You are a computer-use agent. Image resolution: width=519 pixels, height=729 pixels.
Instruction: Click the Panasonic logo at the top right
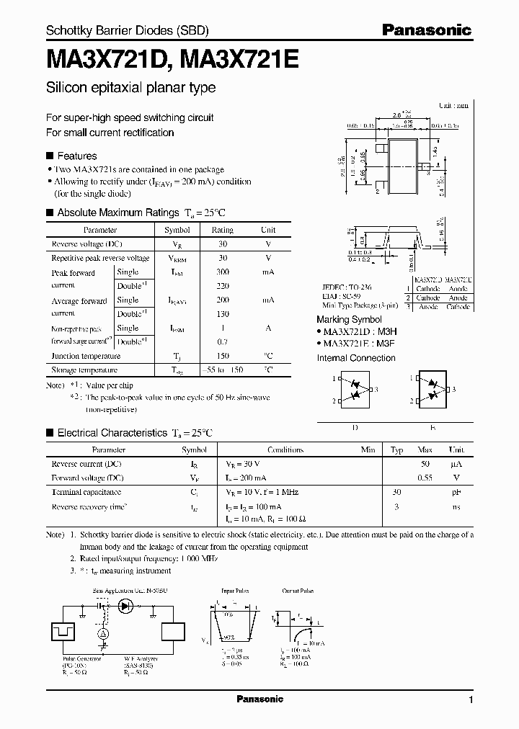click(x=426, y=30)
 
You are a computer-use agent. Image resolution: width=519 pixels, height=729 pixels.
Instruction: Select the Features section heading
click(x=76, y=156)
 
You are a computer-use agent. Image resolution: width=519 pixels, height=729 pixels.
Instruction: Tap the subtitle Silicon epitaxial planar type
click(x=130, y=88)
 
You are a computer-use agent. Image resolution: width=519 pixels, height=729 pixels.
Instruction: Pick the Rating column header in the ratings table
click(x=222, y=230)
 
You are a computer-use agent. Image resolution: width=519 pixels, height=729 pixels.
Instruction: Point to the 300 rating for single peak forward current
click(x=222, y=272)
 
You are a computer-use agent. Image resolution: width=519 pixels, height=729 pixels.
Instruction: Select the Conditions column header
click(x=285, y=450)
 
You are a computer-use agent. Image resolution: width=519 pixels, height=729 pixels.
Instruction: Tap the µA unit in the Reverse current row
click(x=456, y=464)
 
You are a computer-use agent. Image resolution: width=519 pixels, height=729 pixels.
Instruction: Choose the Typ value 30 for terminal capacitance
click(x=396, y=492)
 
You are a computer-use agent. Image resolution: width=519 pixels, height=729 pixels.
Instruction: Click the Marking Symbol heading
click(x=349, y=319)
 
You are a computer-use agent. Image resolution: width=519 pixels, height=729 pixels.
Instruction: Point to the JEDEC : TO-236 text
click(x=346, y=286)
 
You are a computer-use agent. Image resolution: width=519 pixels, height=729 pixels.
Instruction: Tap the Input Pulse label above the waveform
click(x=235, y=590)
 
